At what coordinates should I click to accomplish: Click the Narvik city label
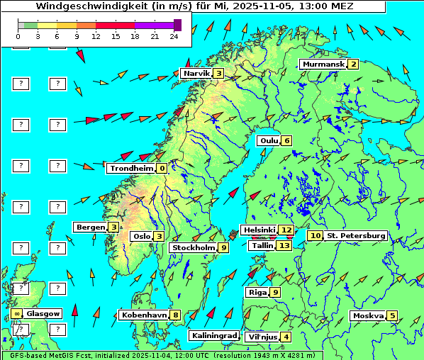point(196,73)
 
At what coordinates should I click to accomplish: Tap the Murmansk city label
point(323,64)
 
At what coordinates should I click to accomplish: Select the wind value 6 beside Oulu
point(286,140)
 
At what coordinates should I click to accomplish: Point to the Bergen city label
point(91,227)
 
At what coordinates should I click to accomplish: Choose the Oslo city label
point(142,236)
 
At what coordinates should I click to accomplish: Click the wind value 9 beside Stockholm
point(223,247)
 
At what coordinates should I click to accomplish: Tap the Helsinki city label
point(259,230)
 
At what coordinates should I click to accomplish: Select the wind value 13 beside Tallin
point(284,245)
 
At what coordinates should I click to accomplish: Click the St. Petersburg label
point(356,235)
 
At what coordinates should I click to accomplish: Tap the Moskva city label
point(368,315)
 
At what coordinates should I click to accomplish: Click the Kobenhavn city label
point(144,315)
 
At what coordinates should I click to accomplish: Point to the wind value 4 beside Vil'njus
point(286,337)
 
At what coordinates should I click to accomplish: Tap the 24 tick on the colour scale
point(174,36)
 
